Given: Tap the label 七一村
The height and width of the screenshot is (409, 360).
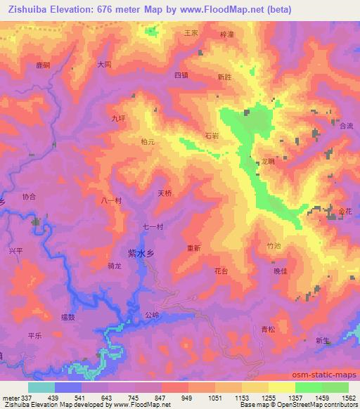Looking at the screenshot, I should pyautogui.click(x=153, y=226).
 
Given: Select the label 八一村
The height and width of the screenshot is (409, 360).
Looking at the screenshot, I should pyautogui.click(x=111, y=200).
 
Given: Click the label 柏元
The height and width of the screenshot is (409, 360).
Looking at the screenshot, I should pyautogui.click(x=147, y=141).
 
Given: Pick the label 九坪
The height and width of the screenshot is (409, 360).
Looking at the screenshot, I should pyautogui.click(x=117, y=119).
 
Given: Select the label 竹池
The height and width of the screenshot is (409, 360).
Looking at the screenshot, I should pyautogui.click(x=274, y=246).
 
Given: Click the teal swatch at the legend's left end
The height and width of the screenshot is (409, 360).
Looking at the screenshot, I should pyautogui.click(x=41, y=387).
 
